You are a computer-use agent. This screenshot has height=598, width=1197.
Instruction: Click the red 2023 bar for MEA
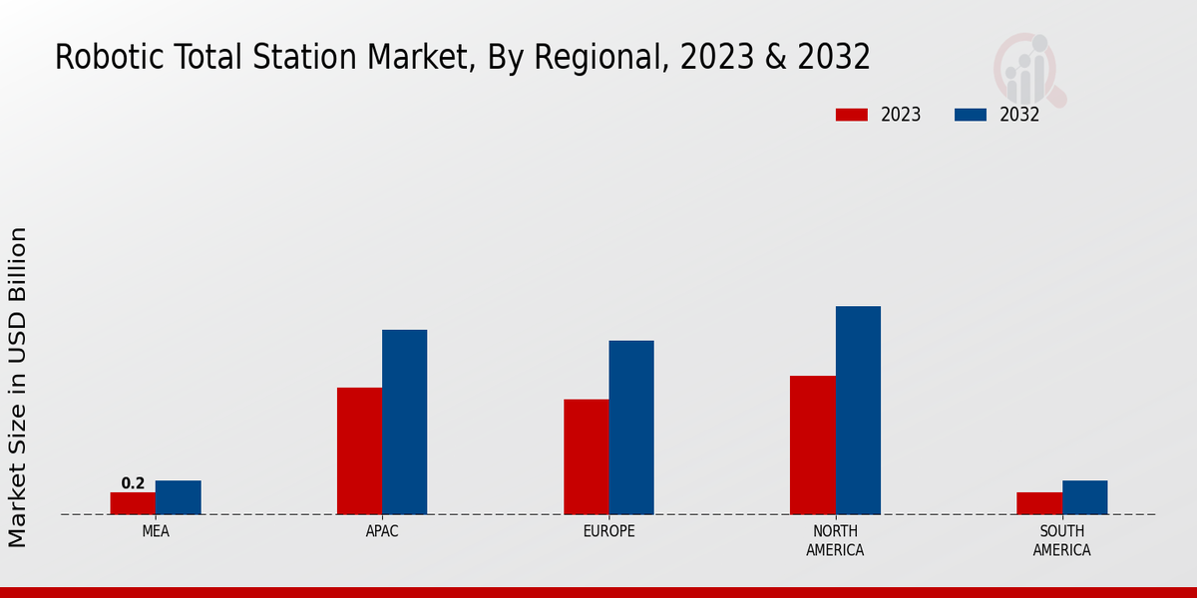point(133,503)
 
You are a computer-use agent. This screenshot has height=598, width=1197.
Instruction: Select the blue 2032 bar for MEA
point(178,497)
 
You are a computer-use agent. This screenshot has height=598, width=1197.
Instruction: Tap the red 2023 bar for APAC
point(359,450)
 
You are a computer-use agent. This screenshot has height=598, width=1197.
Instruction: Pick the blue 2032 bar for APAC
point(404,422)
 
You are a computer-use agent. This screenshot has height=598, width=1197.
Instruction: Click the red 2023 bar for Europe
point(586,456)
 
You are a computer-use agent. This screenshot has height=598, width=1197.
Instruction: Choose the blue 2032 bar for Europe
point(631,428)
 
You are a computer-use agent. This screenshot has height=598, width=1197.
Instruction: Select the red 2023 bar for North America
point(812,445)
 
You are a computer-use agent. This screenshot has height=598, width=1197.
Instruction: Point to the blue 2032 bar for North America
point(858,410)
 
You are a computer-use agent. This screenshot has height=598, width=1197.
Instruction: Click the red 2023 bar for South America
point(1038,503)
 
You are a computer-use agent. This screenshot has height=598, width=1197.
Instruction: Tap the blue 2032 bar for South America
point(1084,497)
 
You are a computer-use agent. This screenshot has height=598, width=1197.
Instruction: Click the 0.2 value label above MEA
point(133,483)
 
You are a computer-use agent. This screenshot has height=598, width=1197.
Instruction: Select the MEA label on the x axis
point(156,531)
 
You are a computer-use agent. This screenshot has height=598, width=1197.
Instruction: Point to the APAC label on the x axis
point(382,531)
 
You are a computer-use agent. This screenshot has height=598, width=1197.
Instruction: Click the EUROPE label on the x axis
point(608,531)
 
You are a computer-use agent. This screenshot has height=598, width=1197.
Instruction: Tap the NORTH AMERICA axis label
point(835,540)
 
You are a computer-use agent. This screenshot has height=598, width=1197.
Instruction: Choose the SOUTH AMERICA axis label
point(1061,540)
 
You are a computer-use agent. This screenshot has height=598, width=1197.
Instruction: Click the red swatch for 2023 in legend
point(851,115)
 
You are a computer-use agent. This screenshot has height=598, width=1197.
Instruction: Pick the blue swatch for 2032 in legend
point(970,115)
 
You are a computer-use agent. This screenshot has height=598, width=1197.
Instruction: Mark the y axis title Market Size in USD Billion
point(18,387)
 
